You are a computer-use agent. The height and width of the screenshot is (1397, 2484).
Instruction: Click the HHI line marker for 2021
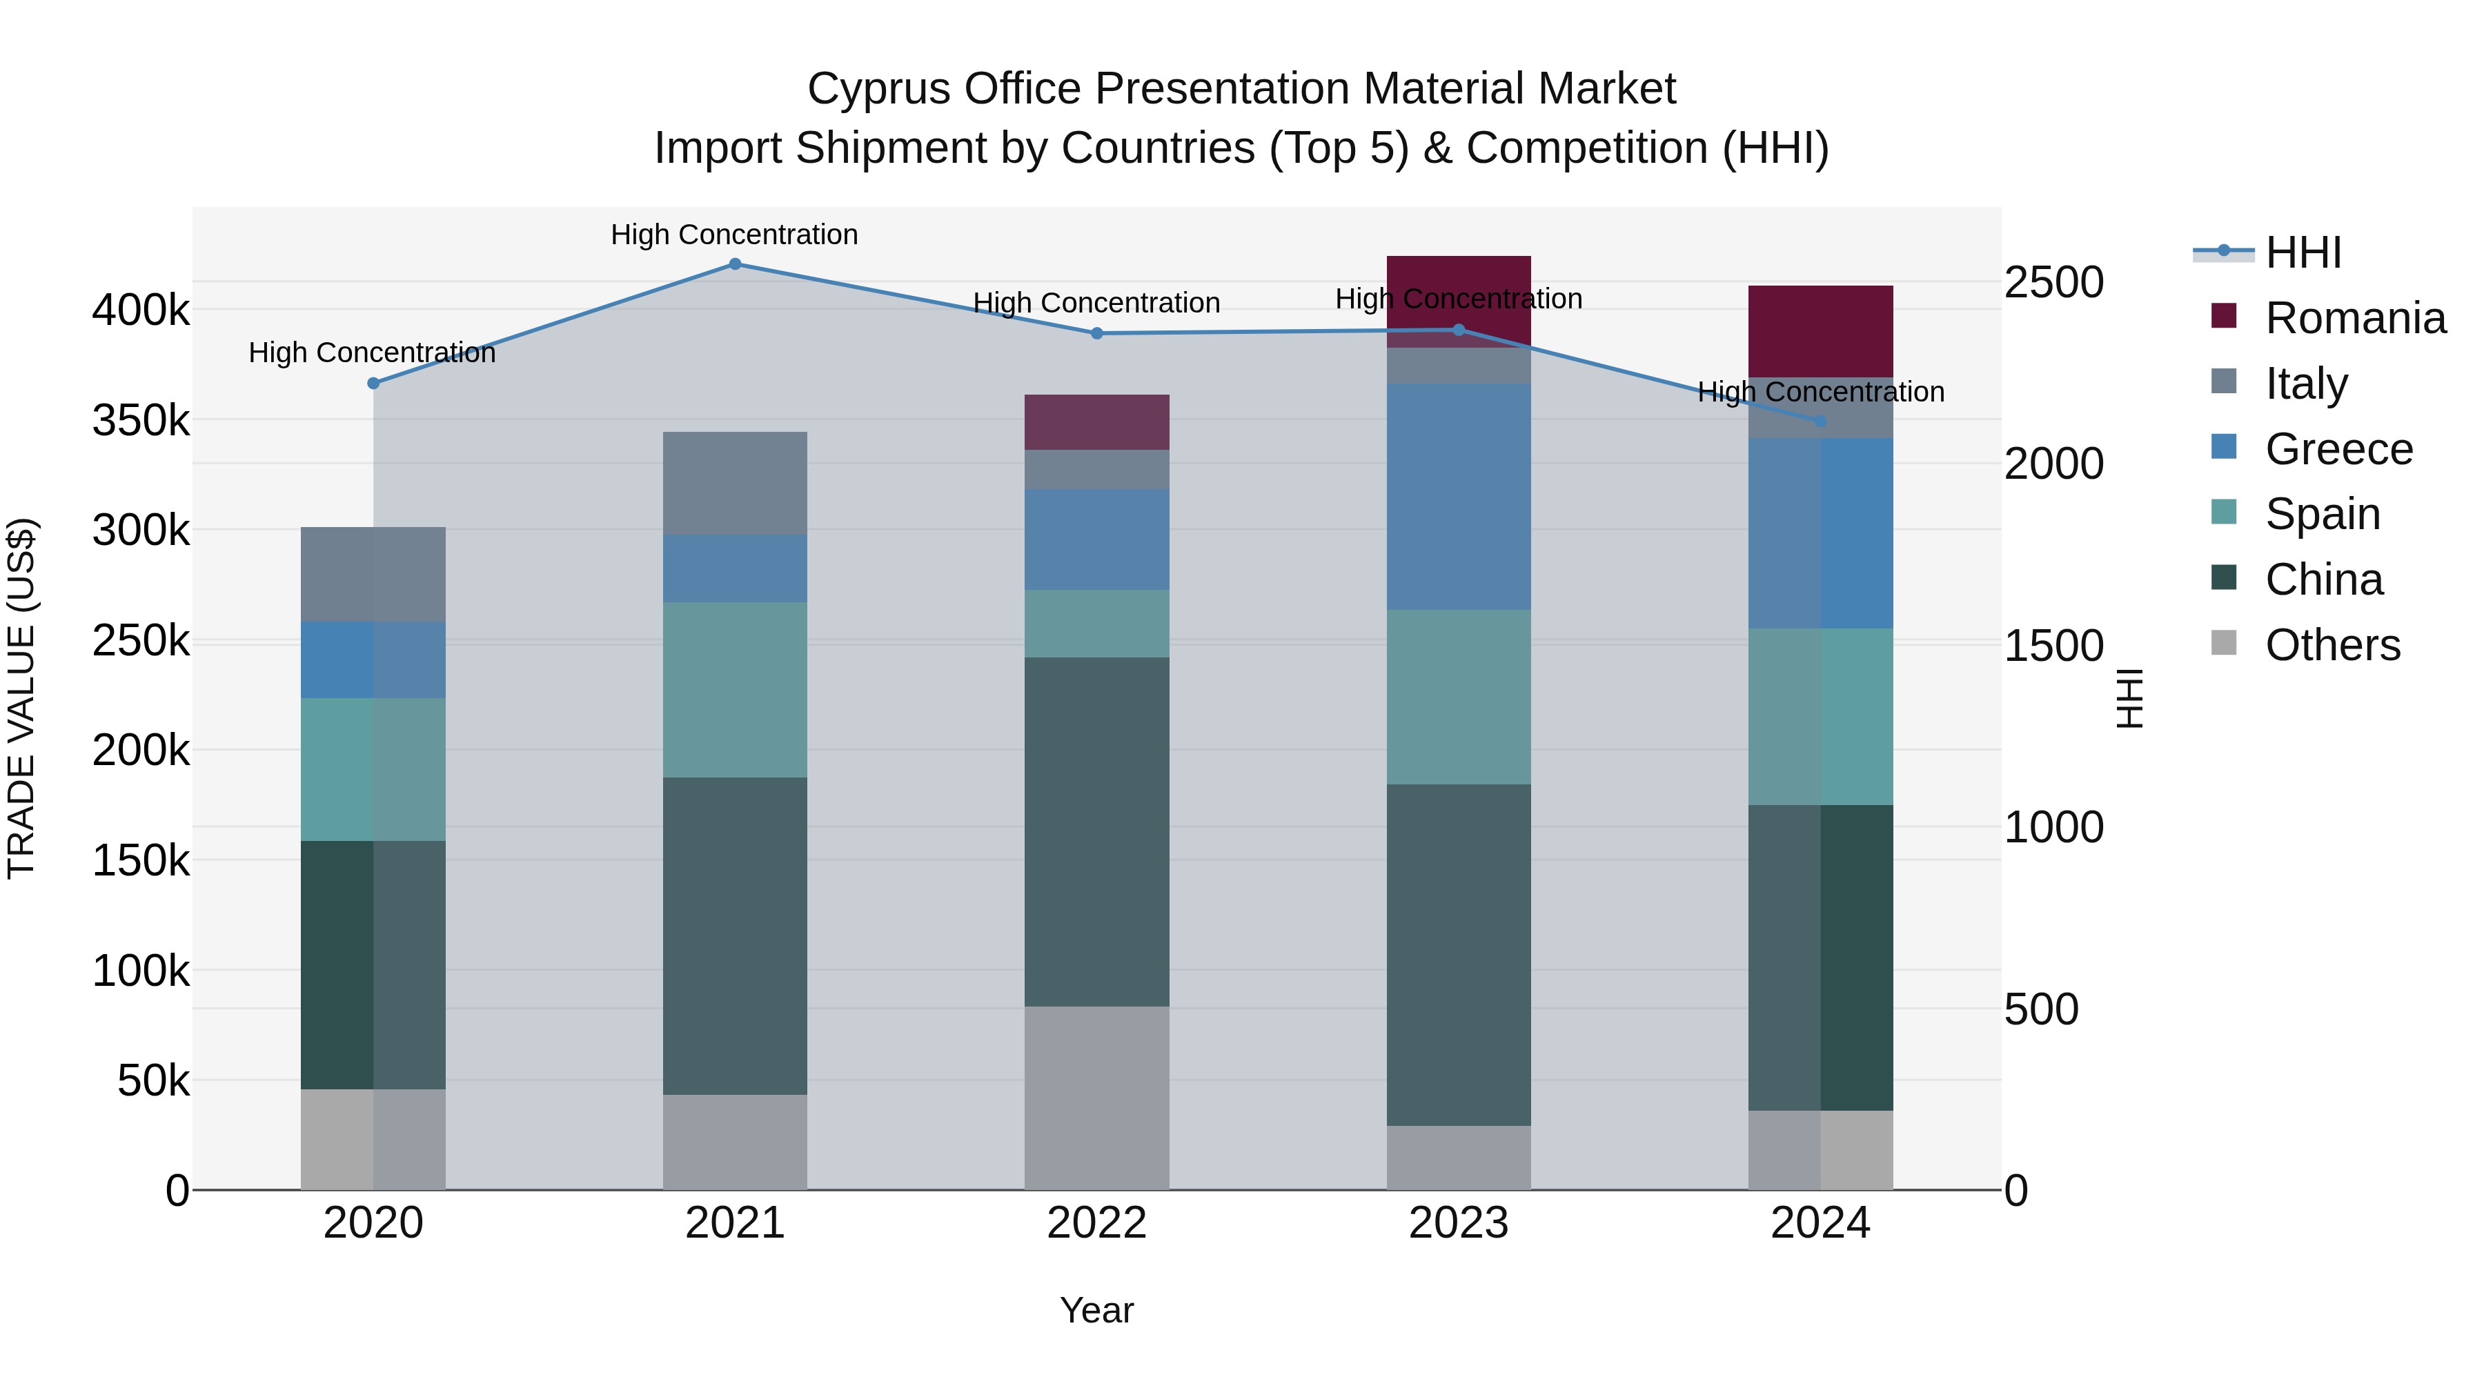(735, 264)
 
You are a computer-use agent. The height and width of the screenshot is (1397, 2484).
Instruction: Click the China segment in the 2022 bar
(1096, 831)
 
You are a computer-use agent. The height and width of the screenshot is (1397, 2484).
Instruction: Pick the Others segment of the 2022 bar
(1096, 1098)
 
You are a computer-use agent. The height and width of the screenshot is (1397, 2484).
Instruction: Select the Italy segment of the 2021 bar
(735, 483)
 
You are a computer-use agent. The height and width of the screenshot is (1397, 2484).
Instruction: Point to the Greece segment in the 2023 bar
(1458, 497)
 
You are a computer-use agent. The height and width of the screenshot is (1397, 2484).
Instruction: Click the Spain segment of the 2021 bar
(735, 689)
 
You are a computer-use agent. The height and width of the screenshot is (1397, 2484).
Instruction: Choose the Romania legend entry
(2355, 318)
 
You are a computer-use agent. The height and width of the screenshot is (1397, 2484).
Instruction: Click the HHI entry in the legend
(2303, 252)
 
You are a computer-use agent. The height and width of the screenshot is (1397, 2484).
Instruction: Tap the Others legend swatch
(2224, 643)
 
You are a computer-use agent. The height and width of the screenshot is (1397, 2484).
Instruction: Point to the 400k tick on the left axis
(141, 310)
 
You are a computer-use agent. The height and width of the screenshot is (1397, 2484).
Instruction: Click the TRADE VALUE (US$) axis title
(21, 698)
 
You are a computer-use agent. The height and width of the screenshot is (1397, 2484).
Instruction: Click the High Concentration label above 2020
(372, 353)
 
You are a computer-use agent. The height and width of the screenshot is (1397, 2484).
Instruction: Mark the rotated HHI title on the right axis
(2130, 698)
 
